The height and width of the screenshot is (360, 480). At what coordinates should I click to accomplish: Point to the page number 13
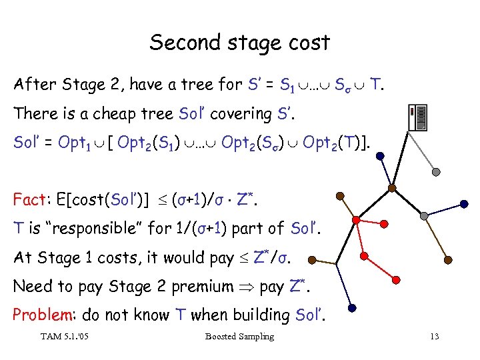click(x=435, y=337)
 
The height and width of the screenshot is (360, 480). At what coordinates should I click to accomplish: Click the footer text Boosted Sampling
click(x=239, y=337)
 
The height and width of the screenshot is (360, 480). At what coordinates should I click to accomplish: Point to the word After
click(x=33, y=85)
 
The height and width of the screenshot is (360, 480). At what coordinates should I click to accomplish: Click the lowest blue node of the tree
click(x=353, y=308)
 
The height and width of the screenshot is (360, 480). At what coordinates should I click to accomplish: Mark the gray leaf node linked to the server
click(x=435, y=171)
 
